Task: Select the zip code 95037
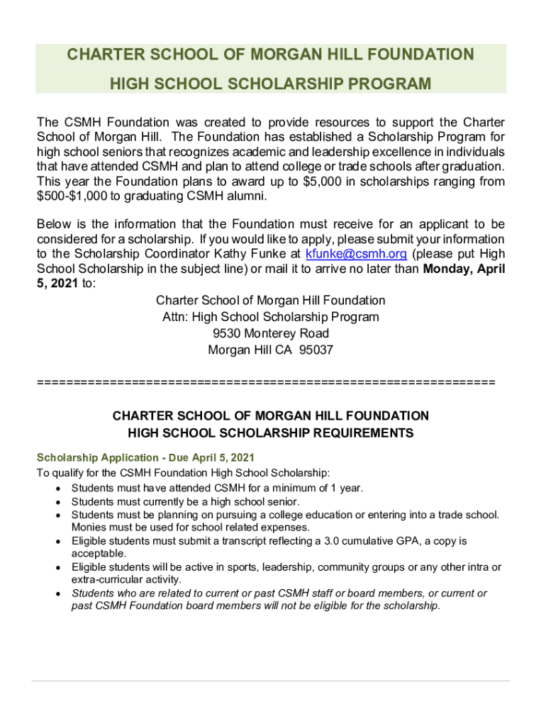click(316, 350)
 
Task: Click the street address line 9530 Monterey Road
click(271, 333)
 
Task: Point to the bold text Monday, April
click(464, 269)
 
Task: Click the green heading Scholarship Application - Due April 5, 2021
click(145, 457)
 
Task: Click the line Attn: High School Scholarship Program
click(271, 317)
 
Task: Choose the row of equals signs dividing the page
click(265, 383)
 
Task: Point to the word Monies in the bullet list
click(87, 527)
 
